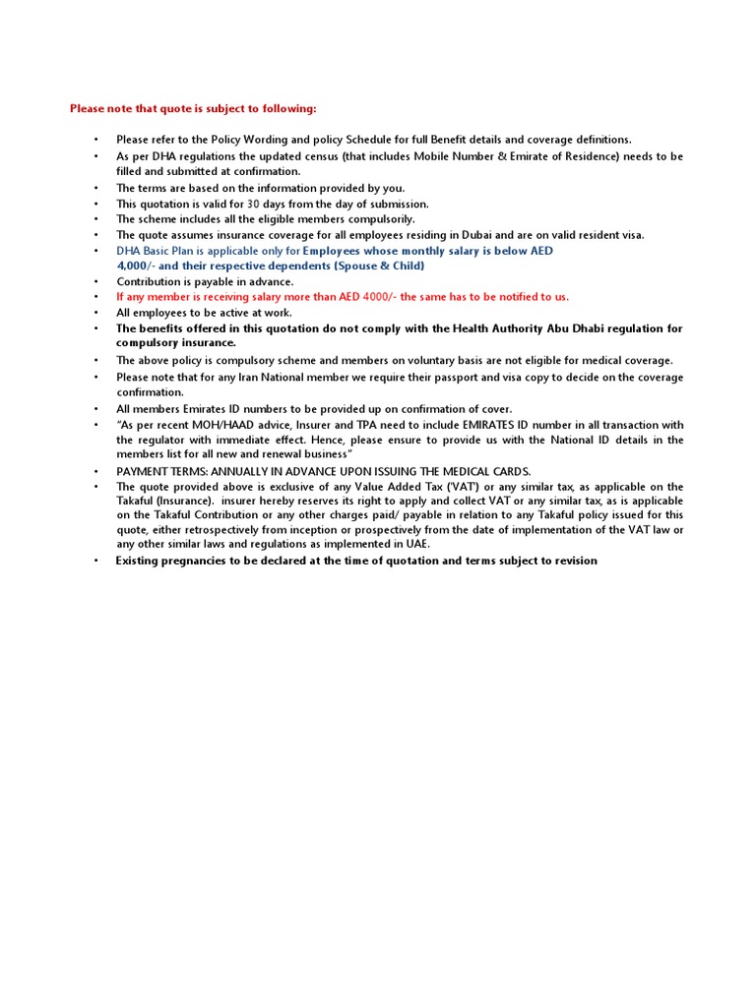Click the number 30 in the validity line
253,204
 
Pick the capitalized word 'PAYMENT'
143,472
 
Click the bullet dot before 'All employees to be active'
96,313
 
